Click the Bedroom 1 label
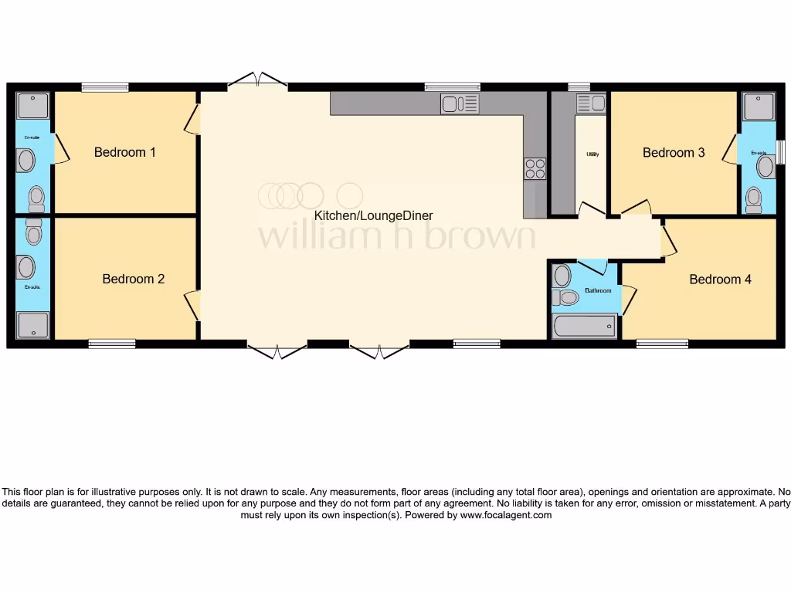point(124,152)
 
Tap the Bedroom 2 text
point(133,279)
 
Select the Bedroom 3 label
point(674,152)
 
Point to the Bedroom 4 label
point(720,279)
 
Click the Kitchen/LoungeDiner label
point(373,215)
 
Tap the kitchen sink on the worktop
point(460,103)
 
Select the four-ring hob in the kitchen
point(535,168)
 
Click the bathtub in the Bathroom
point(585,326)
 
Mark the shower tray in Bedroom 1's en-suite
point(32,106)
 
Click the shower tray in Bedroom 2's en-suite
point(32,324)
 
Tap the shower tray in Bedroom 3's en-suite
point(757,106)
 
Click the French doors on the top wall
point(258,80)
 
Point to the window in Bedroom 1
point(104,87)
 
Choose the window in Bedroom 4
point(662,344)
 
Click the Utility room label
point(592,154)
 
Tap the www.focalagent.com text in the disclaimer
point(506,515)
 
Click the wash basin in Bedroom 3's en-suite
point(763,168)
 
